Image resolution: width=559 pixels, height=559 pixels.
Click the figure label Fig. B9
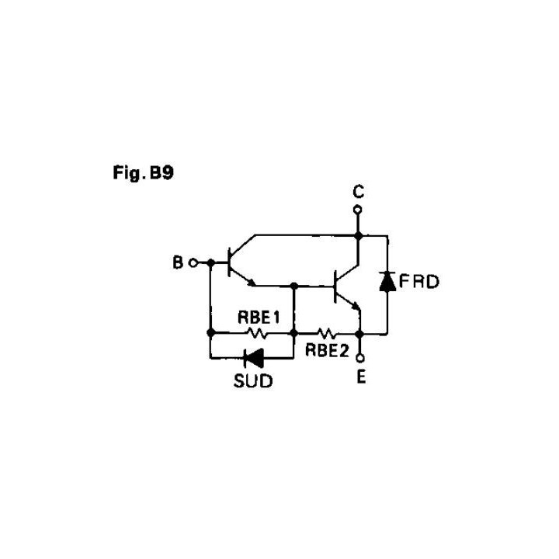tap(143, 172)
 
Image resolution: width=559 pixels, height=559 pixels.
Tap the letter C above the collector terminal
tap(358, 192)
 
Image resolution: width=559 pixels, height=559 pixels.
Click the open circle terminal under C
tap(358, 210)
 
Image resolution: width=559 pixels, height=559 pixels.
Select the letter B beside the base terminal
tap(178, 263)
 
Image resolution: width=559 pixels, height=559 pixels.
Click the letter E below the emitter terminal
tap(361, 379)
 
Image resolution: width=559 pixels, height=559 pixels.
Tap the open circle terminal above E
tap(359, 359)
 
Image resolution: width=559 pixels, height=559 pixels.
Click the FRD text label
tap(419, 281)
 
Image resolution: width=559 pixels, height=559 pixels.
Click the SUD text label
tap(253, 382)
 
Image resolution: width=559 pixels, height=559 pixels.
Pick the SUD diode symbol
tap(253, 358)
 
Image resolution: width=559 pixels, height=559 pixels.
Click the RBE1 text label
tap(258, 318)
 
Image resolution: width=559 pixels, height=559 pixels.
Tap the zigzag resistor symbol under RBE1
tap(255, 333)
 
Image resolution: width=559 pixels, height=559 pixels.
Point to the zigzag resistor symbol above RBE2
tap(325, 333)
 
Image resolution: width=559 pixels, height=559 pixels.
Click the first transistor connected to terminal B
tap(234, 263)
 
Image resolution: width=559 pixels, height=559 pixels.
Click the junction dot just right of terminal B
tap(210, 263)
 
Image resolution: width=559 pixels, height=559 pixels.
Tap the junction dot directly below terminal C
tap(358, 234)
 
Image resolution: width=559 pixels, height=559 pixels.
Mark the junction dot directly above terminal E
tap(359, 333)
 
